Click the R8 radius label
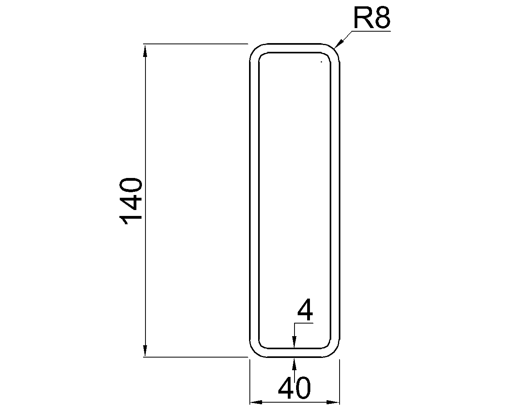pyautogui.click(x=372, y=18)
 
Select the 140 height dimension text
pyautogui.click(x=131, y=201)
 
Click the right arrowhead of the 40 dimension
pyautogui.click(x=333, y=402)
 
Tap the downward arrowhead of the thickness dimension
pyautogui.click(x=294, y=342)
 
